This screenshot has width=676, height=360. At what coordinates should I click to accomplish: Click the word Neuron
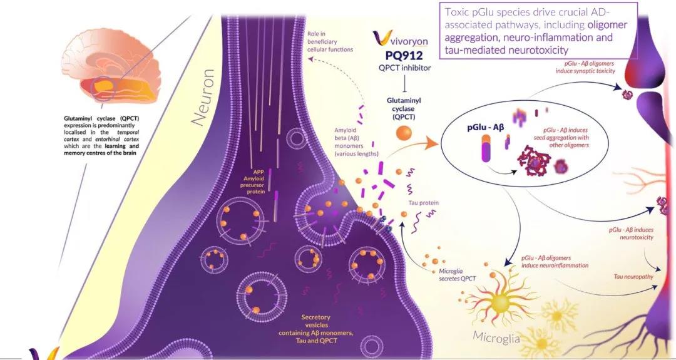(x=203, y=98)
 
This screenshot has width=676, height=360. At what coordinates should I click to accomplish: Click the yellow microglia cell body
(x=499, y=302)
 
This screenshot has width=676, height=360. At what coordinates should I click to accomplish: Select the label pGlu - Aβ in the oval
(x=485, y=127)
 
